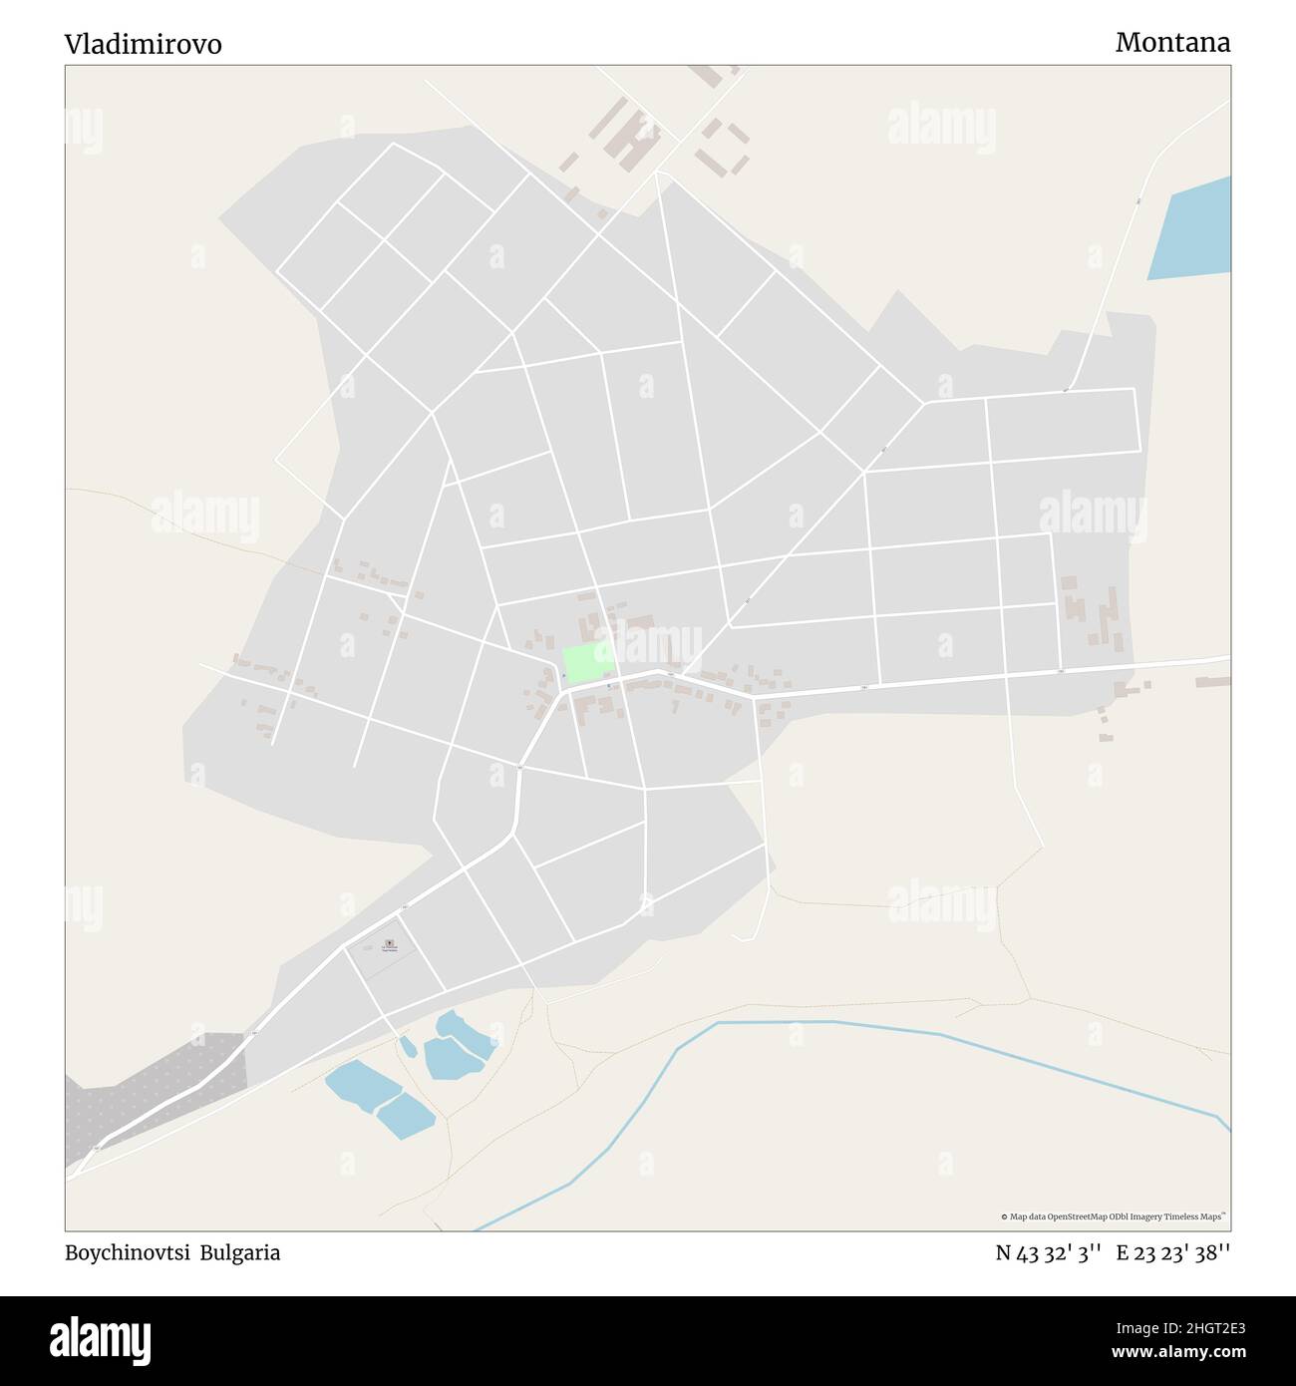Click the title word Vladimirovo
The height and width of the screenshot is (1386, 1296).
point(144,44)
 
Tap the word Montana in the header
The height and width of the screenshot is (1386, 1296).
point(1172,42)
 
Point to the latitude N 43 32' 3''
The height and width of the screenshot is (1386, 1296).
point(1048,1253)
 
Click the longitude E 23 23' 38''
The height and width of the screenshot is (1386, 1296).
point(1172,1253)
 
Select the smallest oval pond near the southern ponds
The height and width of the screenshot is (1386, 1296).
point(408,1046)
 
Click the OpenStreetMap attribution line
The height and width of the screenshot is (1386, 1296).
point(1114,1216)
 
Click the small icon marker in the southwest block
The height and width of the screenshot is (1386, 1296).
point(389,942)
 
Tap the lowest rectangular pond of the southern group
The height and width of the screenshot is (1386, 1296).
point(405,1116)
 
